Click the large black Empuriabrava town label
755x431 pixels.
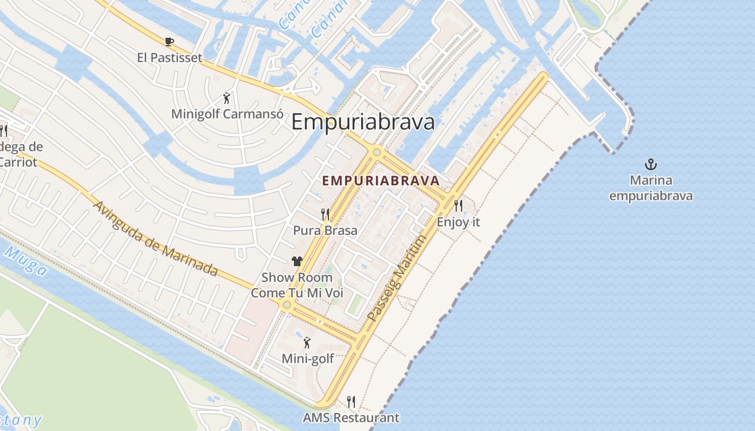363,122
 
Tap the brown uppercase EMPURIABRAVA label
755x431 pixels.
381,181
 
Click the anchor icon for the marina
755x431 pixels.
651,164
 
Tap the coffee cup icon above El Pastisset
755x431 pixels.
169,41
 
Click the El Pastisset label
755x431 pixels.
169,58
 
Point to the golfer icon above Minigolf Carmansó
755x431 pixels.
226,98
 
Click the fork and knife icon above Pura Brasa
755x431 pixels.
325,214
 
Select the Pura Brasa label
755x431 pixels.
325,231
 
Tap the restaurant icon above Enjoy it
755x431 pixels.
458,205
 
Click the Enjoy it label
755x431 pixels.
458,222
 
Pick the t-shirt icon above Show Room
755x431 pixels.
297,261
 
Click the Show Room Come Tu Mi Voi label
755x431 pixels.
297,286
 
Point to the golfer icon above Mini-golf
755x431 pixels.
307,342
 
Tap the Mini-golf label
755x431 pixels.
308,358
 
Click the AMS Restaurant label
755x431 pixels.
351,418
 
